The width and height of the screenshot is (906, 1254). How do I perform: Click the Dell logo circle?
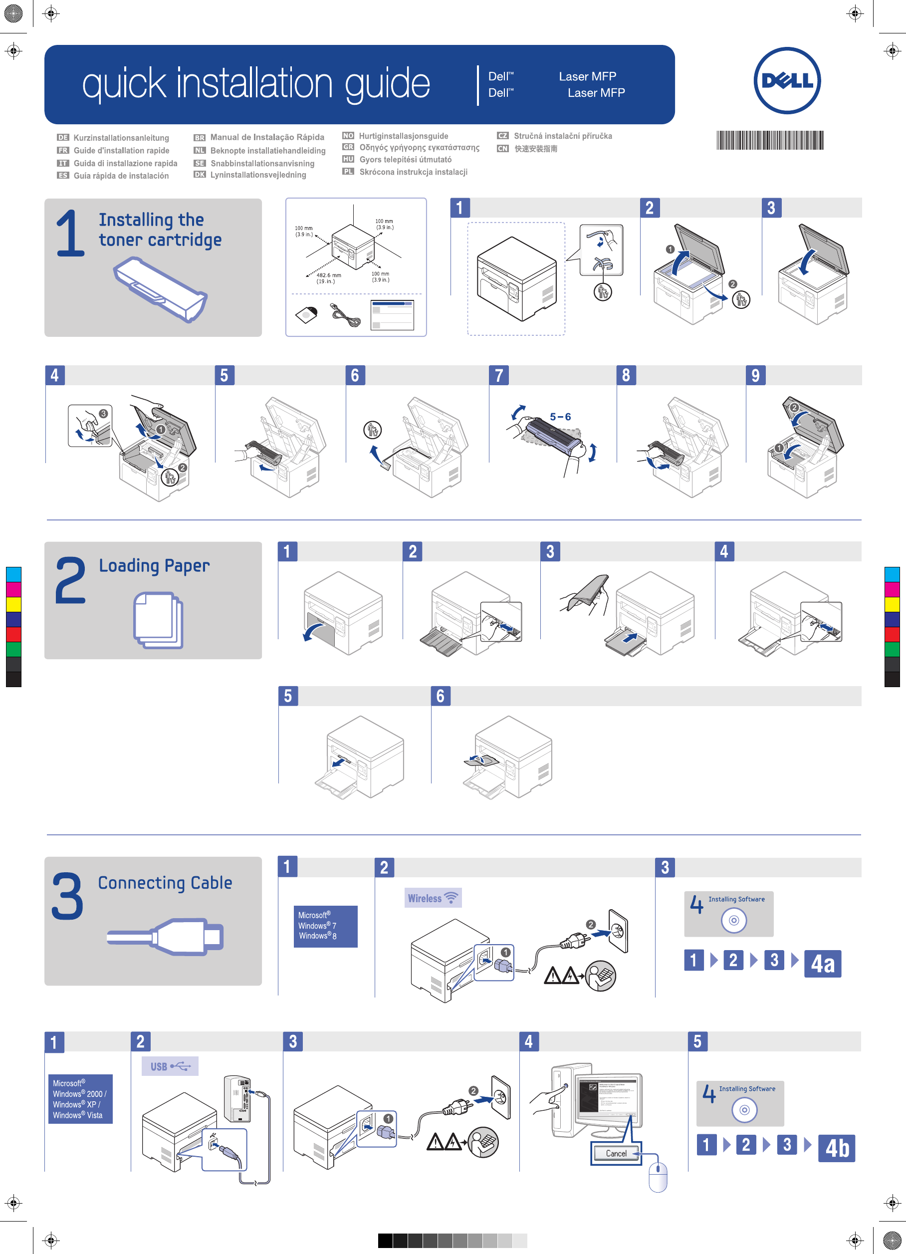tap(787, 81)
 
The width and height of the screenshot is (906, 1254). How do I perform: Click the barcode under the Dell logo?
tap(770, 140)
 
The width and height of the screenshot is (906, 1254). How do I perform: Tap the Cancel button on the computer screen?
tap(616, 1153)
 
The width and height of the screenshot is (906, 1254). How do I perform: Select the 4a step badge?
tap(823, 964)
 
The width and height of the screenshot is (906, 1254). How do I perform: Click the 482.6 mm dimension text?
tap(328, 275)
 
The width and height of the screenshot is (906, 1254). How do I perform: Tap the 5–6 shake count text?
tap(560, 417)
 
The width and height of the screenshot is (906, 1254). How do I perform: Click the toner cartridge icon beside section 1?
tap(160, 288)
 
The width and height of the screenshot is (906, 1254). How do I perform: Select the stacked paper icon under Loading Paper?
tap(158, 620)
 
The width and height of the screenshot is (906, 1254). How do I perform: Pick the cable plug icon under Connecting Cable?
tap(166, 937)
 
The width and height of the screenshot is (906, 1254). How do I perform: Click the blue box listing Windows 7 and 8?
tap(325, 926)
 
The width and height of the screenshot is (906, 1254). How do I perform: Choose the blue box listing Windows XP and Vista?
tap(81, 1099)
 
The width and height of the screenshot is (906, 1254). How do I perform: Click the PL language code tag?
tap(348, 171)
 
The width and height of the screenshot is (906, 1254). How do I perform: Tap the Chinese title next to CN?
tap(536, 149)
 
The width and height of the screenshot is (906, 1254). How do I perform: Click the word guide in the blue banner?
tap(387, 84)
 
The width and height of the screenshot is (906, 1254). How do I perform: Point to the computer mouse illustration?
tap(657, 1177)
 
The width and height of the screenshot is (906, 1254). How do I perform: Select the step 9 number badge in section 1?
tap(755, 375)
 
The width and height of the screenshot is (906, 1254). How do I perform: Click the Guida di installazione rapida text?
tap(126, 163)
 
